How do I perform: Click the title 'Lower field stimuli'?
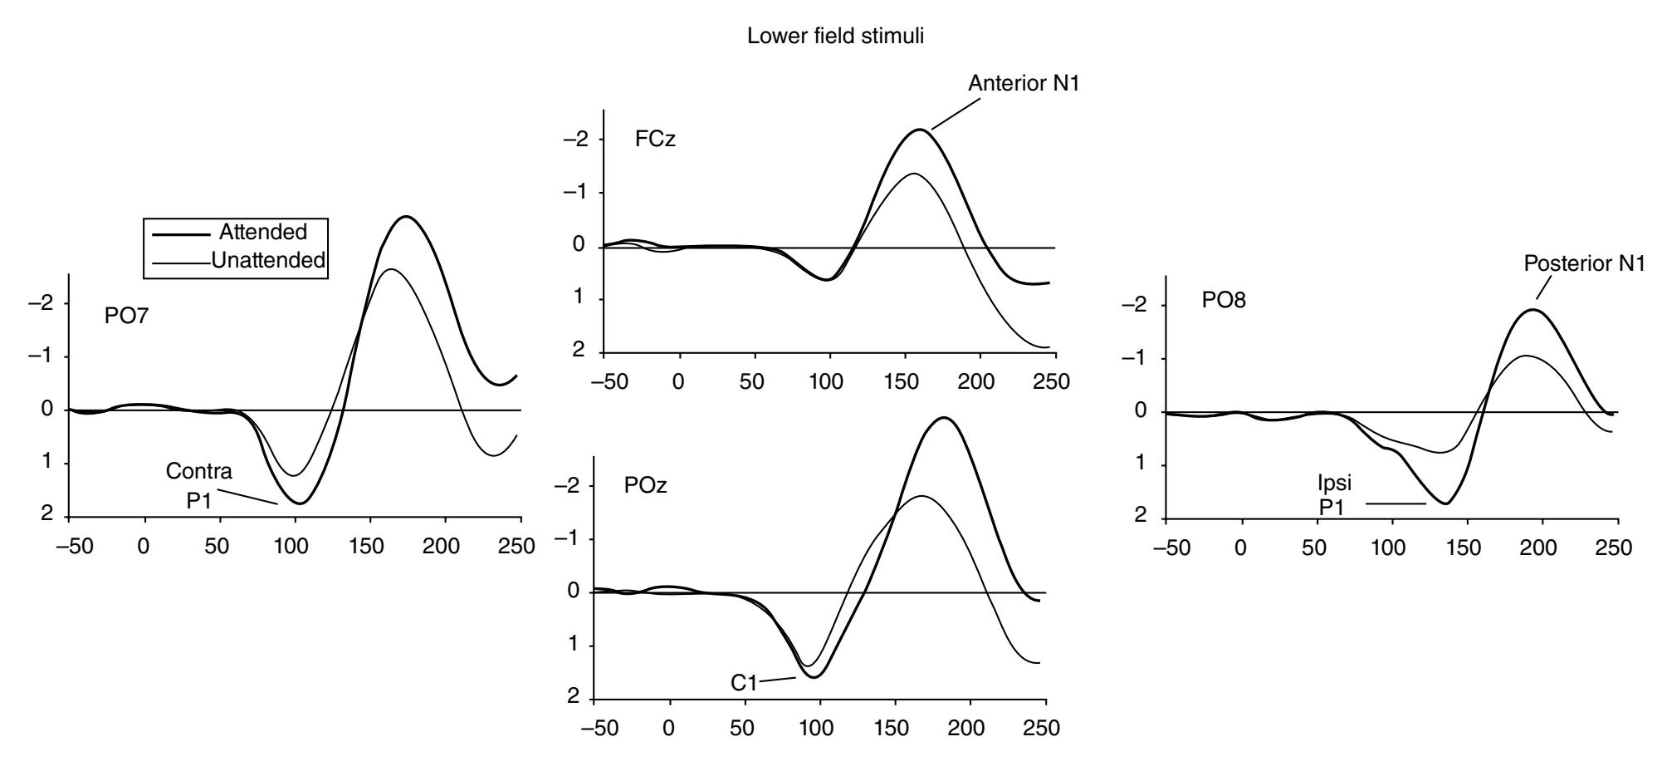tap(835, 37)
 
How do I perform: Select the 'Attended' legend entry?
tap(262, 232)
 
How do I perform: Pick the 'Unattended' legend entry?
tap(267, 260)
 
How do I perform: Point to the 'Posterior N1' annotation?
tap(1584, 263)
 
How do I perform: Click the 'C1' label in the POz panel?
tap(744, 682)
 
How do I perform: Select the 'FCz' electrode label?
tap(655, 139)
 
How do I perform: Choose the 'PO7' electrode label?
tap(126, 317)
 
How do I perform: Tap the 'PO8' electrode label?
tap(1224, 301)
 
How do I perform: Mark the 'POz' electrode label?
tap(645, 486)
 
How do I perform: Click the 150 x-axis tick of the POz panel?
tap(894, 729)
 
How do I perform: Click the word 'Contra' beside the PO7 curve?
tap(198, 472)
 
